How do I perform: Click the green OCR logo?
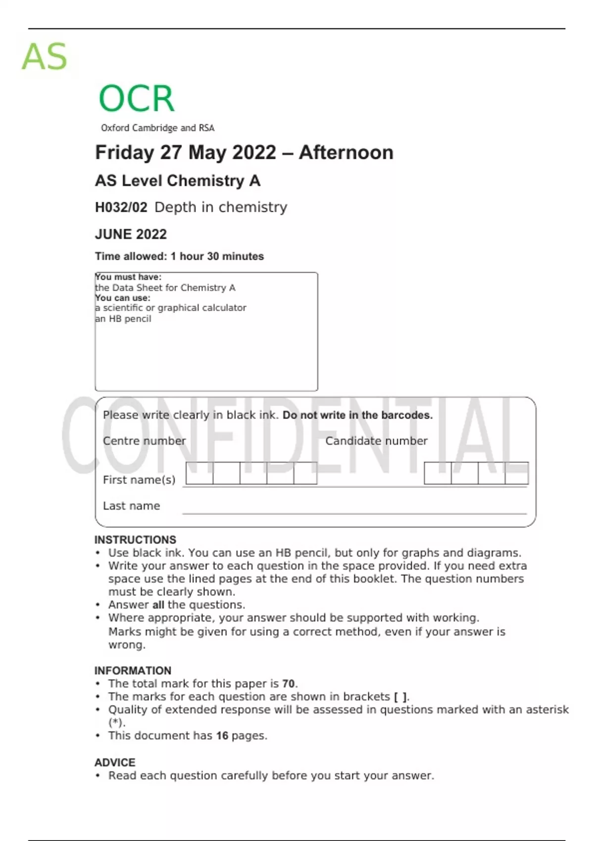pos(137,98)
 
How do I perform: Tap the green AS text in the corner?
pos(44,57)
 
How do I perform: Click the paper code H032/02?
pos(121,207)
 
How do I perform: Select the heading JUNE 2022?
pos(131,234)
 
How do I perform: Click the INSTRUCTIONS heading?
pos(135,540)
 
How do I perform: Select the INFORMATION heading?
pos(133,670)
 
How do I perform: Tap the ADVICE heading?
pos(115,762)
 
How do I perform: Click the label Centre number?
pos(144,441)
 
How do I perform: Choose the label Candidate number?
pos(376,441)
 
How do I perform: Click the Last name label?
pos(131,506)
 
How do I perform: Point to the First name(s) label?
pos(139,479)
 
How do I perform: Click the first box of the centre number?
pos(199,473)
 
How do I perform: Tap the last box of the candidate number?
pos(517,473)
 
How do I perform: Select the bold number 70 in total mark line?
pos(288,684)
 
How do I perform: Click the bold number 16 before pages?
pos(222,736)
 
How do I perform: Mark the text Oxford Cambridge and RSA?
pos(157,128)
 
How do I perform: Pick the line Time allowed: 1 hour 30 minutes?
pos(179,256)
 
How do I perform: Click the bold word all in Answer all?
pos(158,605)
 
